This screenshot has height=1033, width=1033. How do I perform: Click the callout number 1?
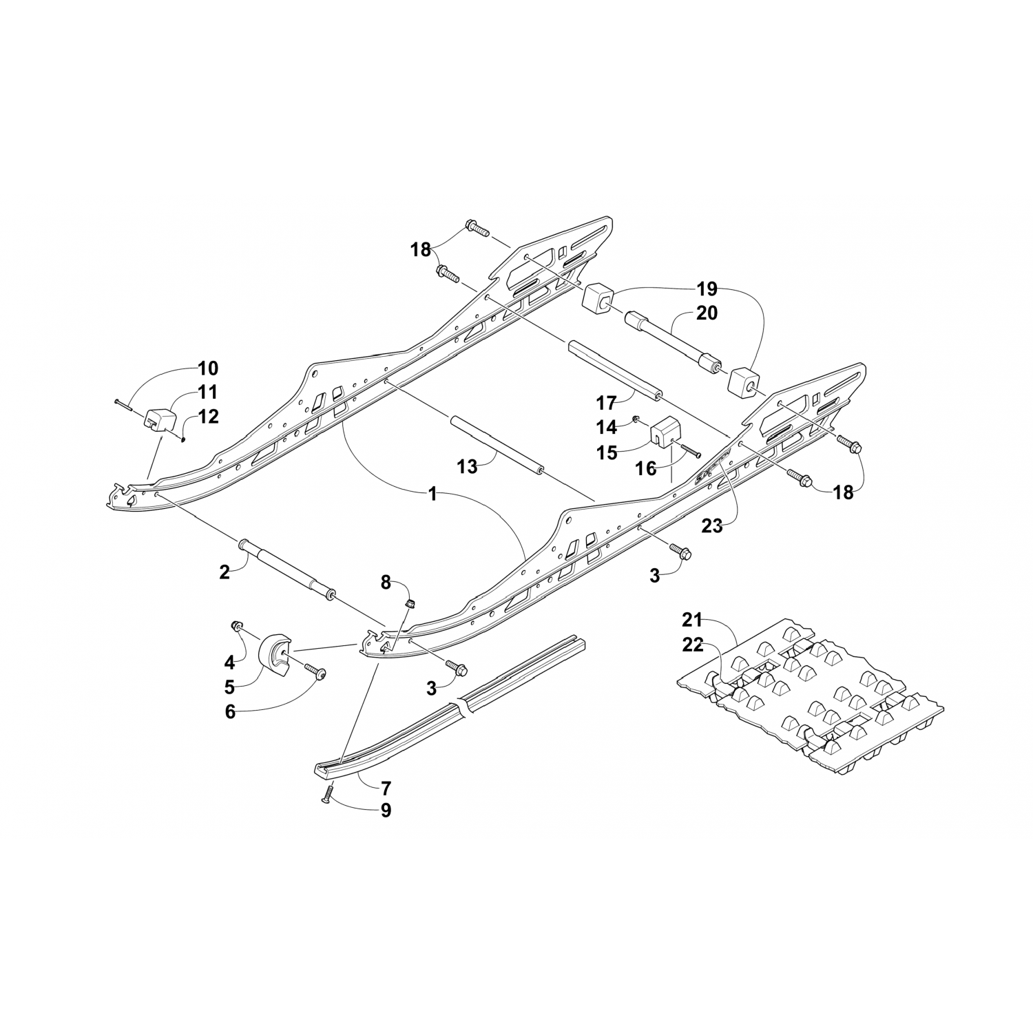pos(432,494)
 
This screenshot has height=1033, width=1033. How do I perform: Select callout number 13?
pos(467,466)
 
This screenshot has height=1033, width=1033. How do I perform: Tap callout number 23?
pos(712,526)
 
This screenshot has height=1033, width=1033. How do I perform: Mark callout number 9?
pos(386,811)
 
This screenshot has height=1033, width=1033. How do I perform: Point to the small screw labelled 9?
pos(326,795)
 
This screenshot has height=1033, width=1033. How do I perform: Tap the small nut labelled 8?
pos(410,604)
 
